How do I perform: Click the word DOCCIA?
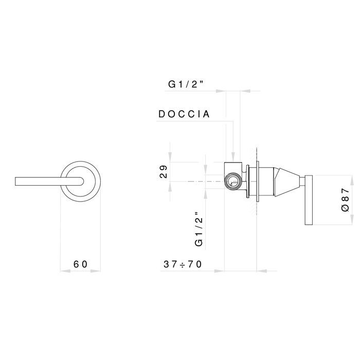click(184, 114)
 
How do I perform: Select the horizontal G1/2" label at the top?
click(187, 85)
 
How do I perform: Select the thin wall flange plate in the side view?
click(256, 181)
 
